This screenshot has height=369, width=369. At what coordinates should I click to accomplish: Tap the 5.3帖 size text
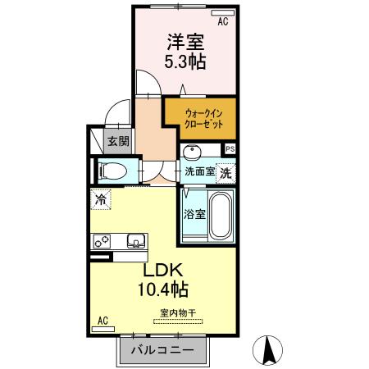185,62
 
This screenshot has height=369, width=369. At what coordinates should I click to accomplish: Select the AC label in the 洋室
222,22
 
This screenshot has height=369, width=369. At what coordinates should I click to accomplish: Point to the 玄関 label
118,141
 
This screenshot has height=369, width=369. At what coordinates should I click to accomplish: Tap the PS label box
230,149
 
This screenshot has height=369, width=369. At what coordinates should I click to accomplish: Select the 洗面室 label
199,172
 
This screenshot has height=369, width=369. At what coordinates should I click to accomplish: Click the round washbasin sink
193,152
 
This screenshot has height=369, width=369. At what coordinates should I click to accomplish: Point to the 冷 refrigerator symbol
102,198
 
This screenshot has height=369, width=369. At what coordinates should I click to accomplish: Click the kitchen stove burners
103,241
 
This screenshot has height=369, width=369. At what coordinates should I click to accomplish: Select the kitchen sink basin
134,240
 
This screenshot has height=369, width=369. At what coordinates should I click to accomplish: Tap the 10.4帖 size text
164,289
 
